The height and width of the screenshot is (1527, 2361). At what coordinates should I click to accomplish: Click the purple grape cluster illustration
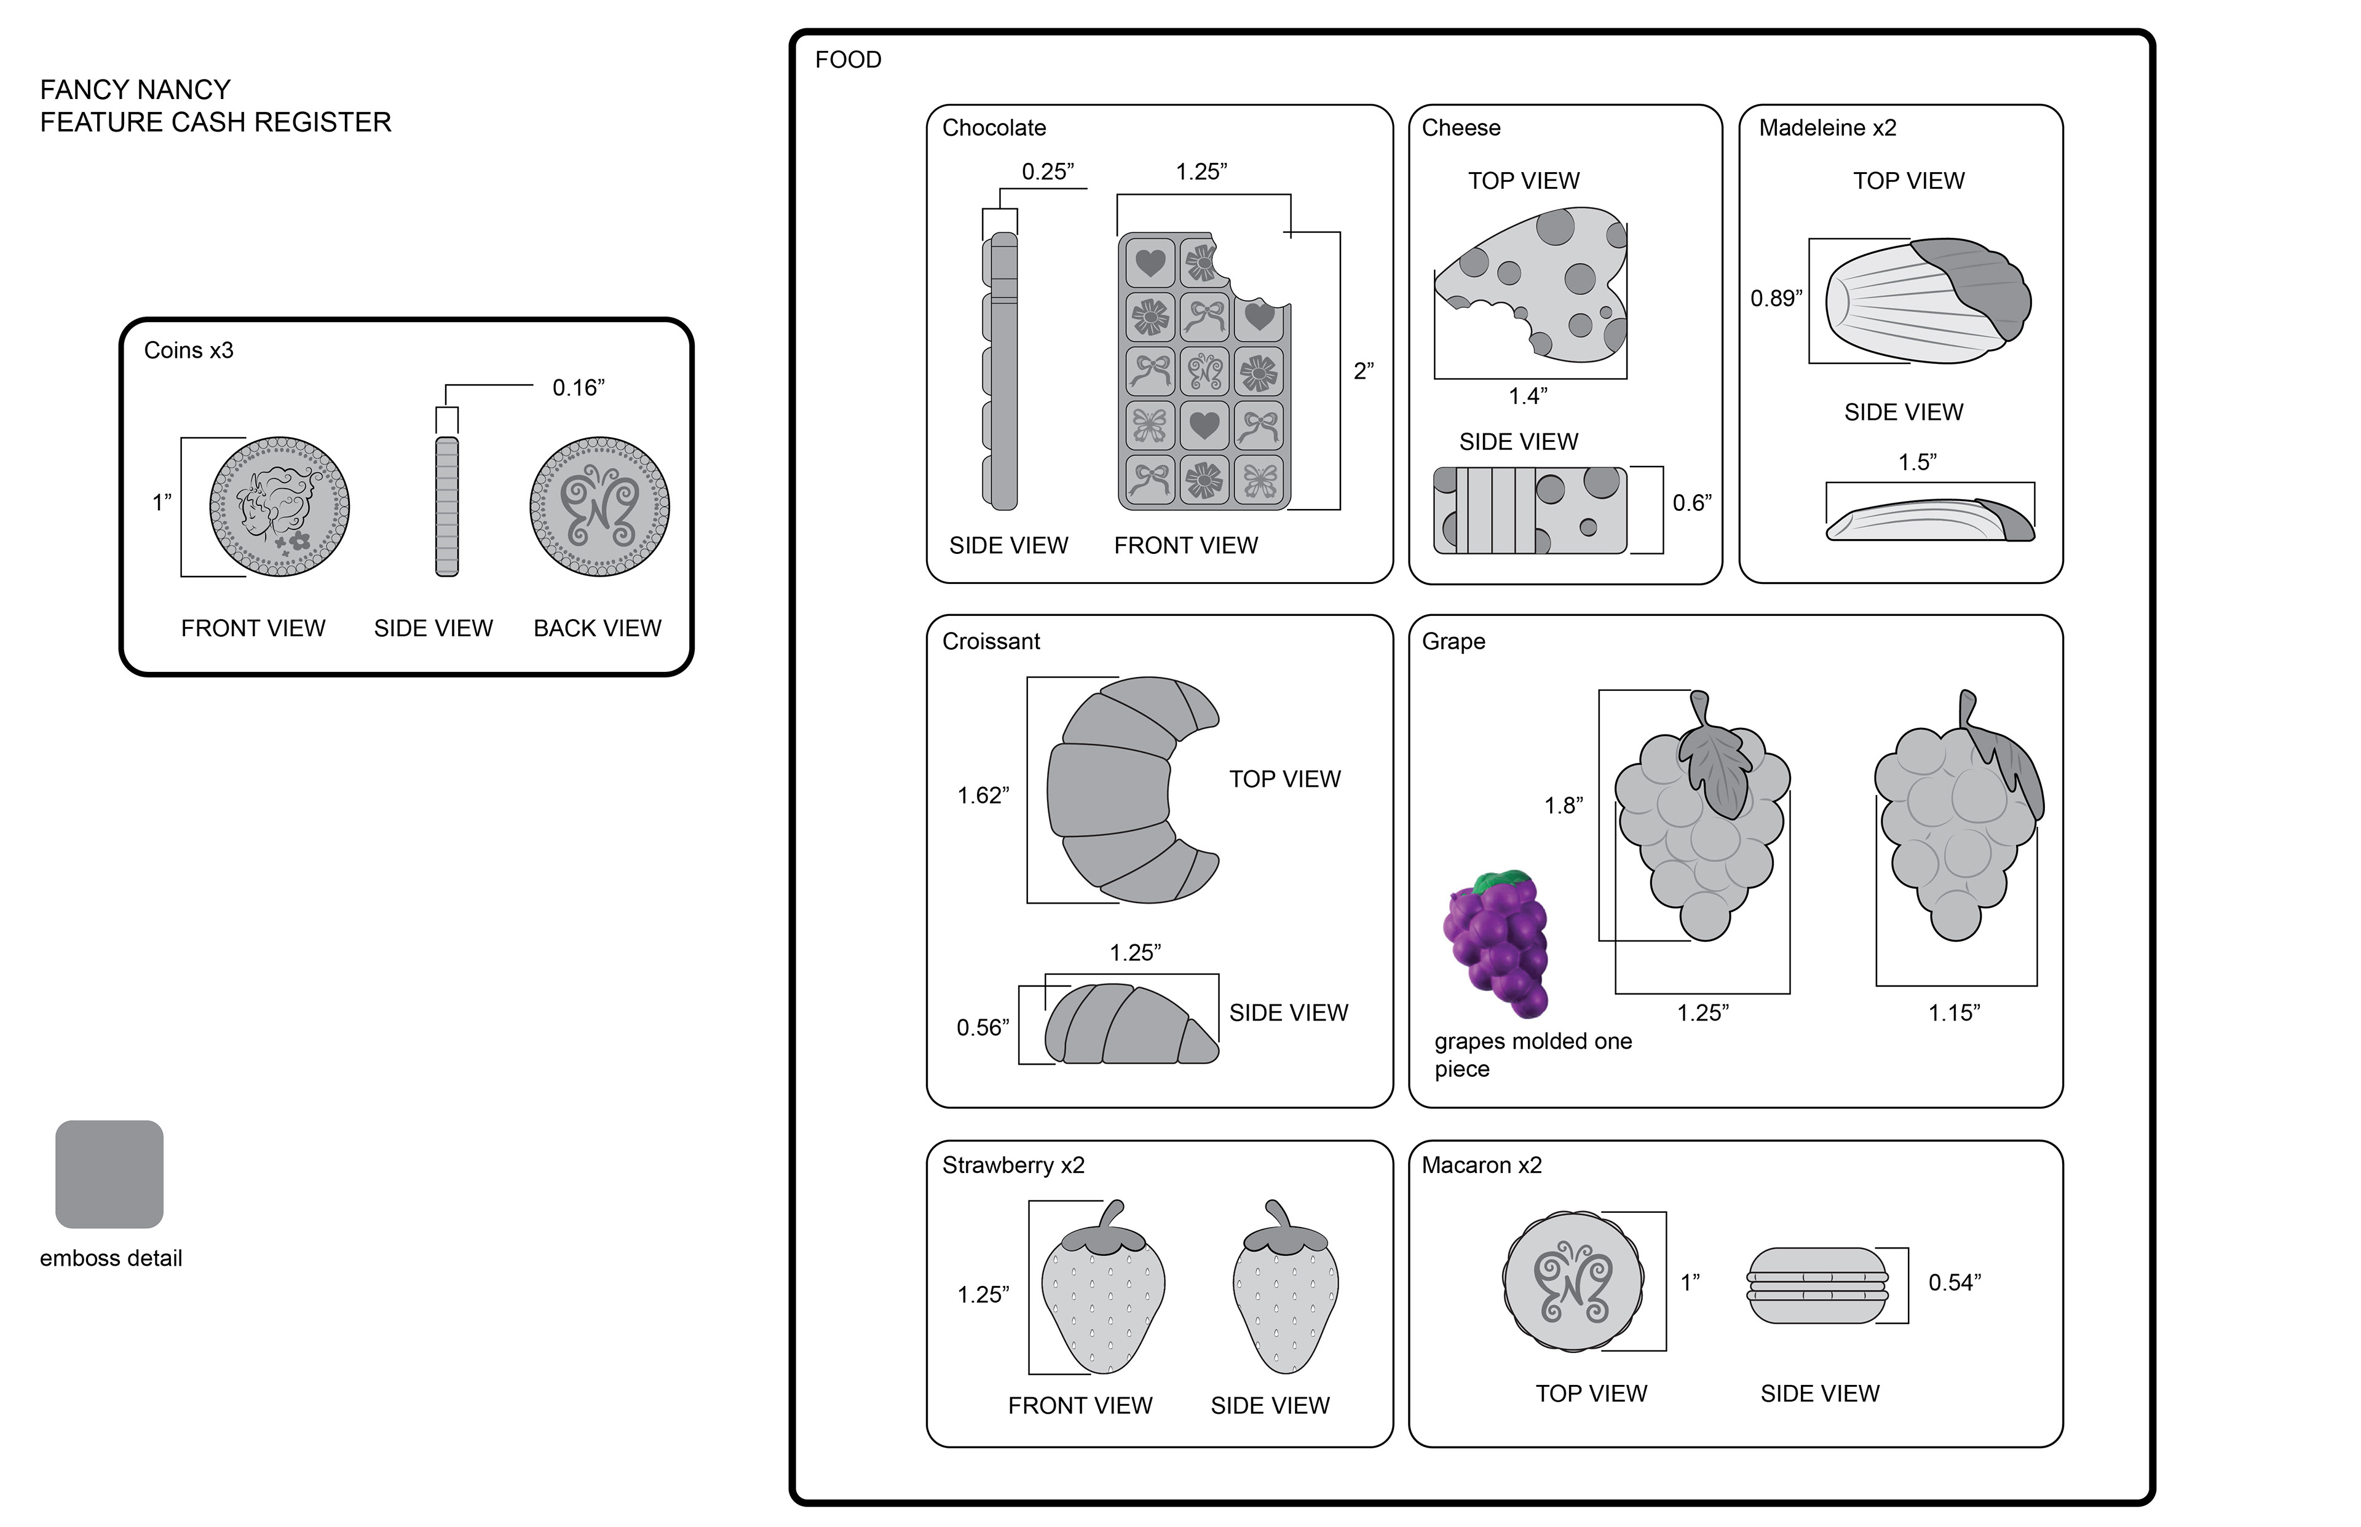tap(1495, 944)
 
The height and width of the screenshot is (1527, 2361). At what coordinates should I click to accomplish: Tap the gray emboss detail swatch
tap(109, 1174)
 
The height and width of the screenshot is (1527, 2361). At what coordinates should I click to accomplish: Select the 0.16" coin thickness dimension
tap(578, 388)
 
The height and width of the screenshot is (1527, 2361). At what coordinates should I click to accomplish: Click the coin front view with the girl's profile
tap(280, 507)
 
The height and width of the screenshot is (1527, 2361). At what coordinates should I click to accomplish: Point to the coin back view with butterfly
tap(599, 507)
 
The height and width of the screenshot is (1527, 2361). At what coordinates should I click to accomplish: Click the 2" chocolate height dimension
tap(1364, 371)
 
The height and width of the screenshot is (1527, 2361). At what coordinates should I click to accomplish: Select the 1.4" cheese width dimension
tap(1528, 397)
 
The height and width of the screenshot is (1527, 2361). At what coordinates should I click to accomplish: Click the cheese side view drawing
tap(1530, 510)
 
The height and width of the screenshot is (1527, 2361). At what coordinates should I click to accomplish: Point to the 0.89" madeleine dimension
tap(1776, 299)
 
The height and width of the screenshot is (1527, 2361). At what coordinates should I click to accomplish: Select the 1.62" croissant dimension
tap(983, 795)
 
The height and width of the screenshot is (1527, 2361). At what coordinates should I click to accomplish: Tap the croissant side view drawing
tap(1131, 1024)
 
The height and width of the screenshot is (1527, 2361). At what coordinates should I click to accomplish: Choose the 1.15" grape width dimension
tap(1953, 1012)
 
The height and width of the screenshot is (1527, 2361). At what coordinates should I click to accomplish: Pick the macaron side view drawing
tap(1817, 1285)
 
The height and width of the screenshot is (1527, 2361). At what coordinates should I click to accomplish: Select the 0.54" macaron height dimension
tap(1955, 1282)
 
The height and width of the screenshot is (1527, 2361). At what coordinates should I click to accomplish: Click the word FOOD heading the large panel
tap(848, 60)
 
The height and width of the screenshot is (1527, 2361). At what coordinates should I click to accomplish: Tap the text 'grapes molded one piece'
tap(1533, 1055)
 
